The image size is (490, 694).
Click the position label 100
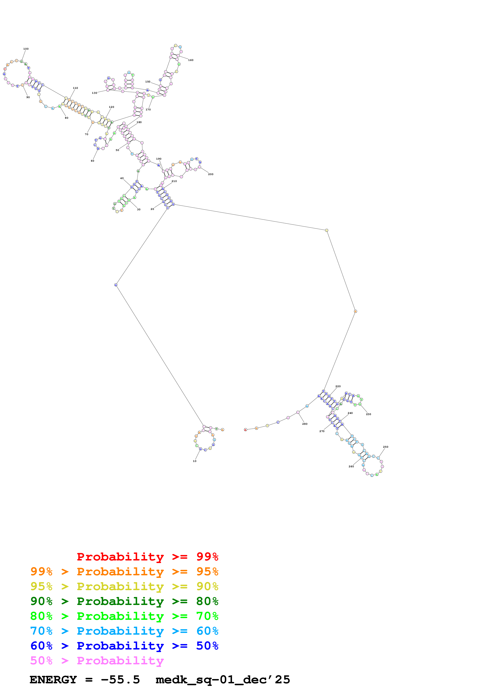[26, 49]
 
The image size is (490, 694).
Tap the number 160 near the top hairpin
[191, 60]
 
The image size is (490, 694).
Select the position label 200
[211, 174]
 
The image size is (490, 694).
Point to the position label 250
[386, 447]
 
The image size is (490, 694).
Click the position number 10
[195, 461]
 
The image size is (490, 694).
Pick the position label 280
[305, 424]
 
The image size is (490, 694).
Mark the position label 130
[94, 93]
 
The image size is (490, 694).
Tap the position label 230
[369, 414]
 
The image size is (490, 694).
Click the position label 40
[122, 178]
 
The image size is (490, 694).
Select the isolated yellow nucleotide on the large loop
[327, 230]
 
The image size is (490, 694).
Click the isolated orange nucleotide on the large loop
[355, 311]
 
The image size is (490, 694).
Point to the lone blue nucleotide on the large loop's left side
[116, 285]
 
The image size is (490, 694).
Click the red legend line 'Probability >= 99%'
[147, 557]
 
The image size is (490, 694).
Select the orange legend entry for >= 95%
[124, 572]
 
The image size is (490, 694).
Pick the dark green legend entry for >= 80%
[124, 601]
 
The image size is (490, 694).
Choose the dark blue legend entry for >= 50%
[124, 646]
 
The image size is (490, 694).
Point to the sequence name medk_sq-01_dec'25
[223, 680]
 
